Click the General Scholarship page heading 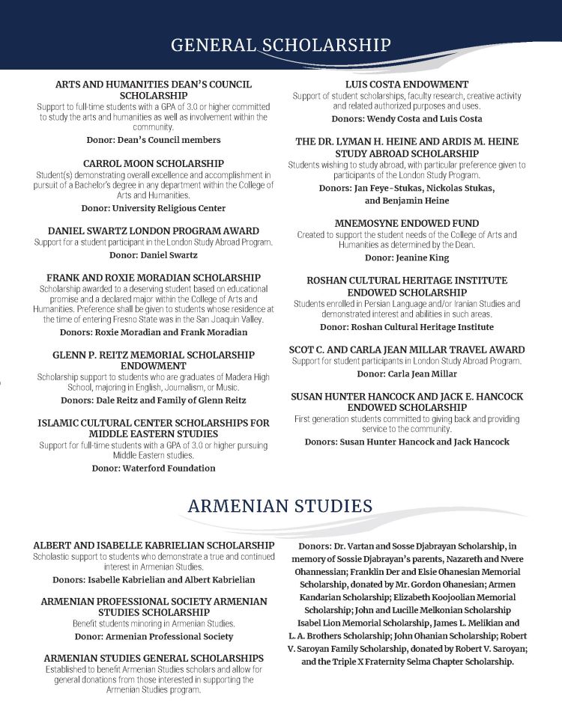pos(280,45)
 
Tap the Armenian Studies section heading pos(280,506)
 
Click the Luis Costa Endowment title pos(407,85)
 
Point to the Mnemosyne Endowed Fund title pos(407,223)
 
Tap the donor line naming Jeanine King pos(407,257)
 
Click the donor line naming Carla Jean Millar pos(407,373)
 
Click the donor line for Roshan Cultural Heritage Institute pos(407,327)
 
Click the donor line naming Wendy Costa pos(407,119)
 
